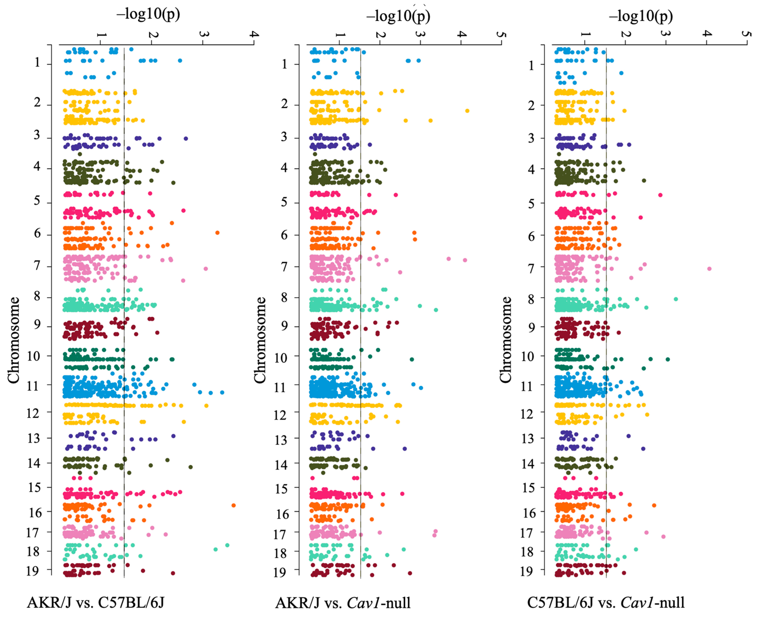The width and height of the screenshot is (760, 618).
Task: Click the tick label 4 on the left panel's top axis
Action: coord(254,34)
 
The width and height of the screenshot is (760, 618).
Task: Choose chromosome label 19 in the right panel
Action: coord(527,571)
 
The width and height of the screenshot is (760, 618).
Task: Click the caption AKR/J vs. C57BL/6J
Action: coord(96,603)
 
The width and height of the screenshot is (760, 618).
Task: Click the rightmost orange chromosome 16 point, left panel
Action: coord(233,505)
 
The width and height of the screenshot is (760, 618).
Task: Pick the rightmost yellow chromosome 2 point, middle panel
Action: coord(467,111)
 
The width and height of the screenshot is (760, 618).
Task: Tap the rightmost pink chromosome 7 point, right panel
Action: coord(709,268)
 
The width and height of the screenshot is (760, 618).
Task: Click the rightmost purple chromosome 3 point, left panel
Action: coord(185,138)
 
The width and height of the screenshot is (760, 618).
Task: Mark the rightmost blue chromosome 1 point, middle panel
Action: coord(418,60)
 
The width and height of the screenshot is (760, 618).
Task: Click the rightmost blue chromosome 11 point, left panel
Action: coord(222,392)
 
